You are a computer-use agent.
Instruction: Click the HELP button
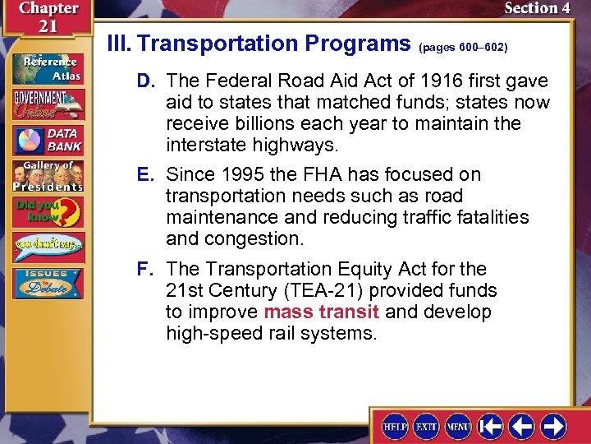coord(396,426)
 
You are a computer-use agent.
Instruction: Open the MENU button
coord(458,426)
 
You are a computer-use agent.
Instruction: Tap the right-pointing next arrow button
coord(553,426)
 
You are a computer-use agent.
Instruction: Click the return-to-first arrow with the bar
coord(490,426)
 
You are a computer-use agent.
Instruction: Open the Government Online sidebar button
coord(47,104)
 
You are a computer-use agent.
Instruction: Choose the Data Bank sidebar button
coord(47,141)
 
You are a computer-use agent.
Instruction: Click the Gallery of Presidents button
coord(47,176)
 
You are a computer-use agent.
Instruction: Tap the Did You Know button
coord(47,213)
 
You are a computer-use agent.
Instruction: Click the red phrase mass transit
coord(322,312)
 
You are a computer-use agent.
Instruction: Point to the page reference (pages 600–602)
coord(463,48)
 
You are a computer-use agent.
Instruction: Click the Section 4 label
coord(537,8)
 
